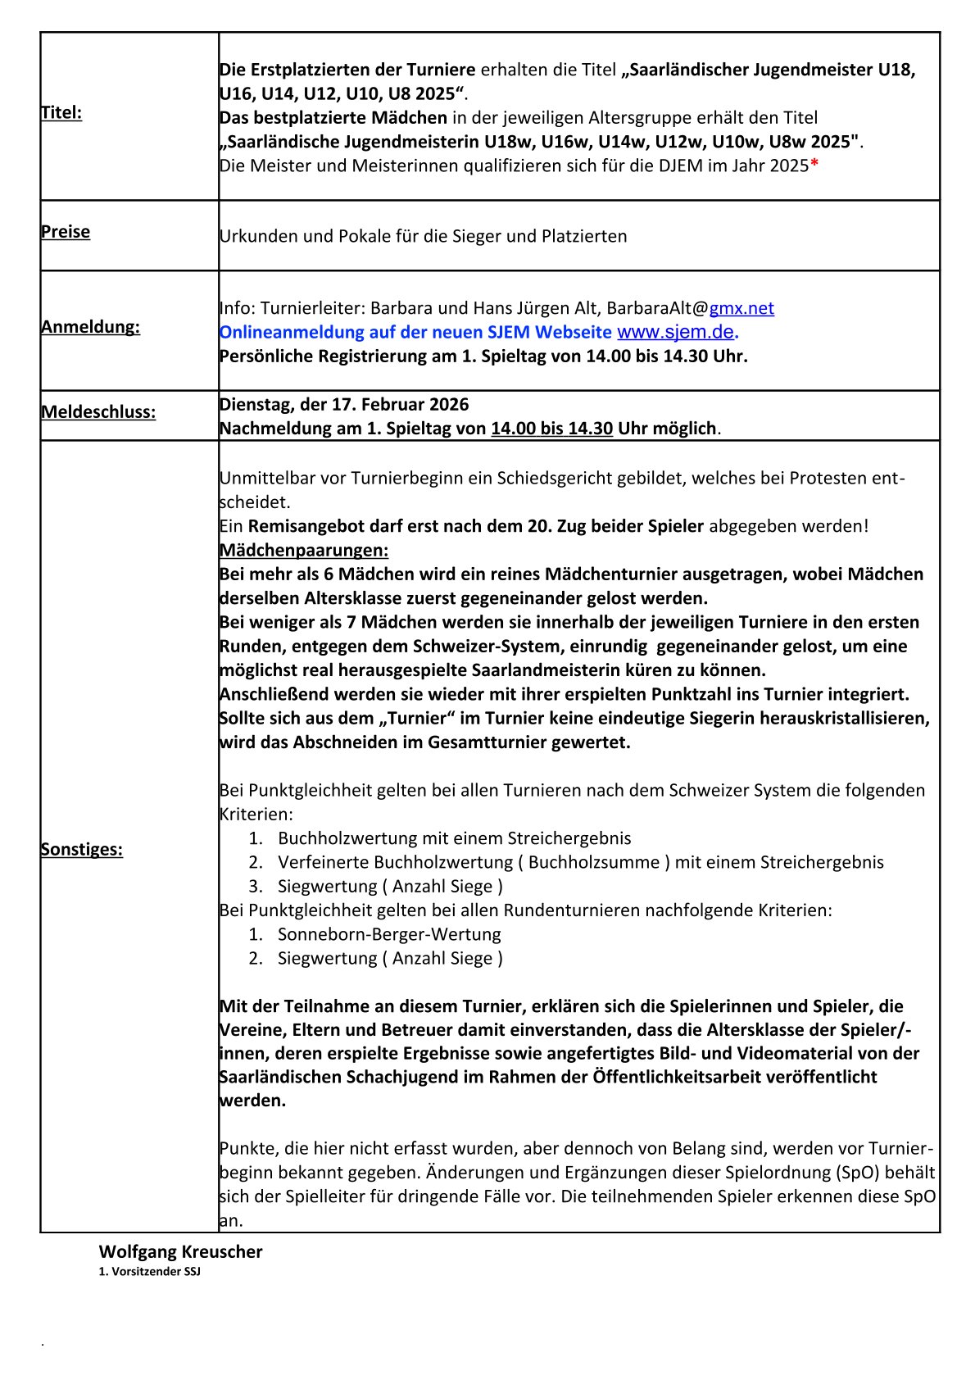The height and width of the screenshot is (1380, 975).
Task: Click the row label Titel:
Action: coord(61,113)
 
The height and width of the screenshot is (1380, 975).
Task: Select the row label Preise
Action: coord(66,232)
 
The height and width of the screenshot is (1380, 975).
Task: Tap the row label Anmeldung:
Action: coord(90,327)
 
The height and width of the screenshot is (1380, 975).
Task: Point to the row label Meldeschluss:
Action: coord(98,412)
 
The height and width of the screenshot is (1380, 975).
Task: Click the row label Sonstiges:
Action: coord(82,850)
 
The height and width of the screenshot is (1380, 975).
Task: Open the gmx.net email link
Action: coord(741,308)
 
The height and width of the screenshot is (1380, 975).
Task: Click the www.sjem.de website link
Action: coord(676,332)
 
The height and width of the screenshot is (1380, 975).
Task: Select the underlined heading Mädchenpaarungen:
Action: coord(304,550)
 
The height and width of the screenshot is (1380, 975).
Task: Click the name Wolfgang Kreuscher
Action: coord(181,1252)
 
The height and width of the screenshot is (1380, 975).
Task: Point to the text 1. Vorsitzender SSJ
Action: coord(150,1272)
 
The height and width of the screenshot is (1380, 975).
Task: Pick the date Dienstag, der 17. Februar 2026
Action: coord(344,405)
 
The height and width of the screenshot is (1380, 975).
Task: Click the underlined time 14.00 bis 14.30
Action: coord(551,429)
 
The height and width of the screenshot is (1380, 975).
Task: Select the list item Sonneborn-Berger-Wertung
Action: coord(389,935)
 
